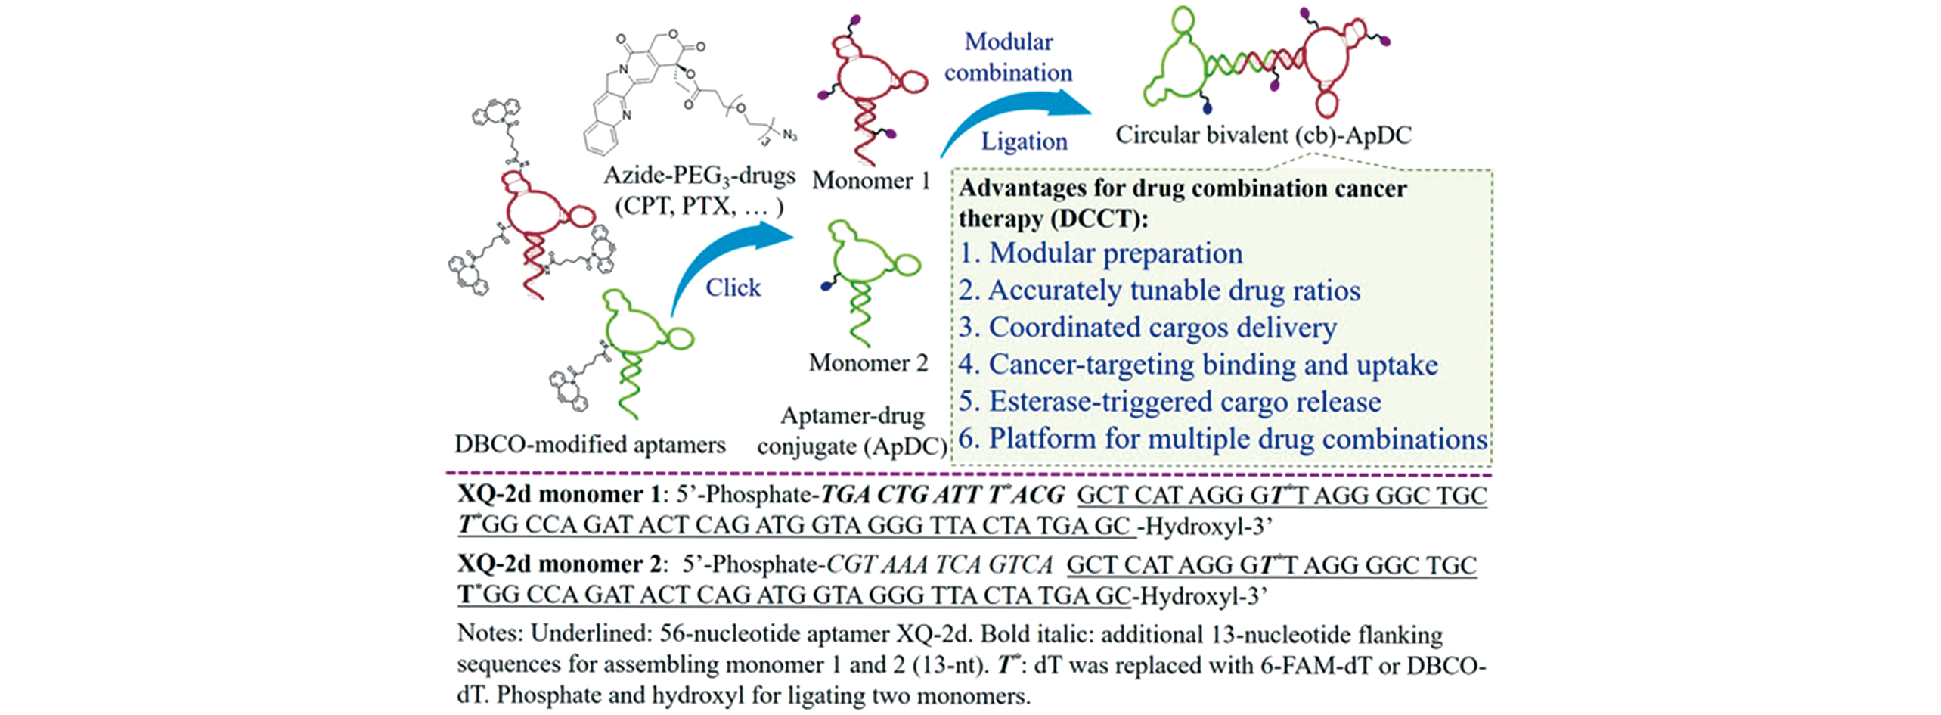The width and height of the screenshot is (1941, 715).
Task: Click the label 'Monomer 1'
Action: [x=870, y=181]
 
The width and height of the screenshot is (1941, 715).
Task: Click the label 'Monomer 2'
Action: [x=868, y=363]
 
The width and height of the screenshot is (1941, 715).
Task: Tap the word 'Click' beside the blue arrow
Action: [x=733, y=288]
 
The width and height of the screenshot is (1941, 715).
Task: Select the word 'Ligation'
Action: [x=1024, y=141]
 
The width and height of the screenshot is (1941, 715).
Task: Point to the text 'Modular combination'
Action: [x=1008, y=58]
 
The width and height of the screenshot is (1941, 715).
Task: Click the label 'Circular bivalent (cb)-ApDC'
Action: [x=1263, y=135]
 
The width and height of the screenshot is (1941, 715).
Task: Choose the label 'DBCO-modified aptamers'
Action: [x=590, y=444]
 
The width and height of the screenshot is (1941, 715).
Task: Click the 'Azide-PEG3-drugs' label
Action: [x=699, y=176]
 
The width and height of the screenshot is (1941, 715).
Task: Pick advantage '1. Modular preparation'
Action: [x=1100, y=253]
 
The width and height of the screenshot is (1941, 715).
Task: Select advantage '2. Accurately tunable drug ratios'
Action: [x=1159, y=291]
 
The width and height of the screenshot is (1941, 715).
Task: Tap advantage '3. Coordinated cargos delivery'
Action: [x=1147, y=328]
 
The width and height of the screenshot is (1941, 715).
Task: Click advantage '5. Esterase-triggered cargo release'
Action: [x=1169, y=402]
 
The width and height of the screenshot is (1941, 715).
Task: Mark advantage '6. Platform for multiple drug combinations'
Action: [x=1222, y=439]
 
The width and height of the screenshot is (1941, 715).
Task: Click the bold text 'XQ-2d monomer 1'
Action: [x=560, y=495]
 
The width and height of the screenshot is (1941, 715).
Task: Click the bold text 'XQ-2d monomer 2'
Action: [x=560, y=564]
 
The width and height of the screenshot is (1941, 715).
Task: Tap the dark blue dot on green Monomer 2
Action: [x=826, y=287]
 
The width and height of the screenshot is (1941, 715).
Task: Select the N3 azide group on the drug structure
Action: [x=789, y=136]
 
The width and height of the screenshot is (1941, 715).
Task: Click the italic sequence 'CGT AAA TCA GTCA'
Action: [x=939, y=565]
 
